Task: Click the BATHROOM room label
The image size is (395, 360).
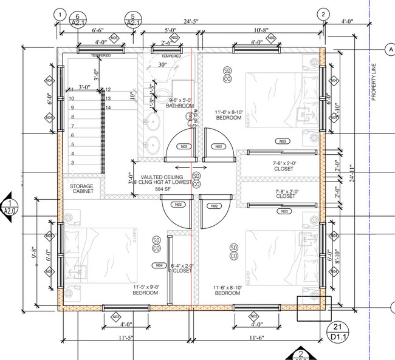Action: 179,106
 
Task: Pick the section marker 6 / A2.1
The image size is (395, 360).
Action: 77,19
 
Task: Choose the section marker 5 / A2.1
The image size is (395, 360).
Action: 133,19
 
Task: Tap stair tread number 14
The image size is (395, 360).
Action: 109,107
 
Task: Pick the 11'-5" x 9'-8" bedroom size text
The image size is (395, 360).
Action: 145,290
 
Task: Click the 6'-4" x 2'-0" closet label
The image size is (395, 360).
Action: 181,268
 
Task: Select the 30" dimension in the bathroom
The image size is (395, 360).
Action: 162,64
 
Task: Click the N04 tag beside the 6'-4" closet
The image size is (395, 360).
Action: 159,265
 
